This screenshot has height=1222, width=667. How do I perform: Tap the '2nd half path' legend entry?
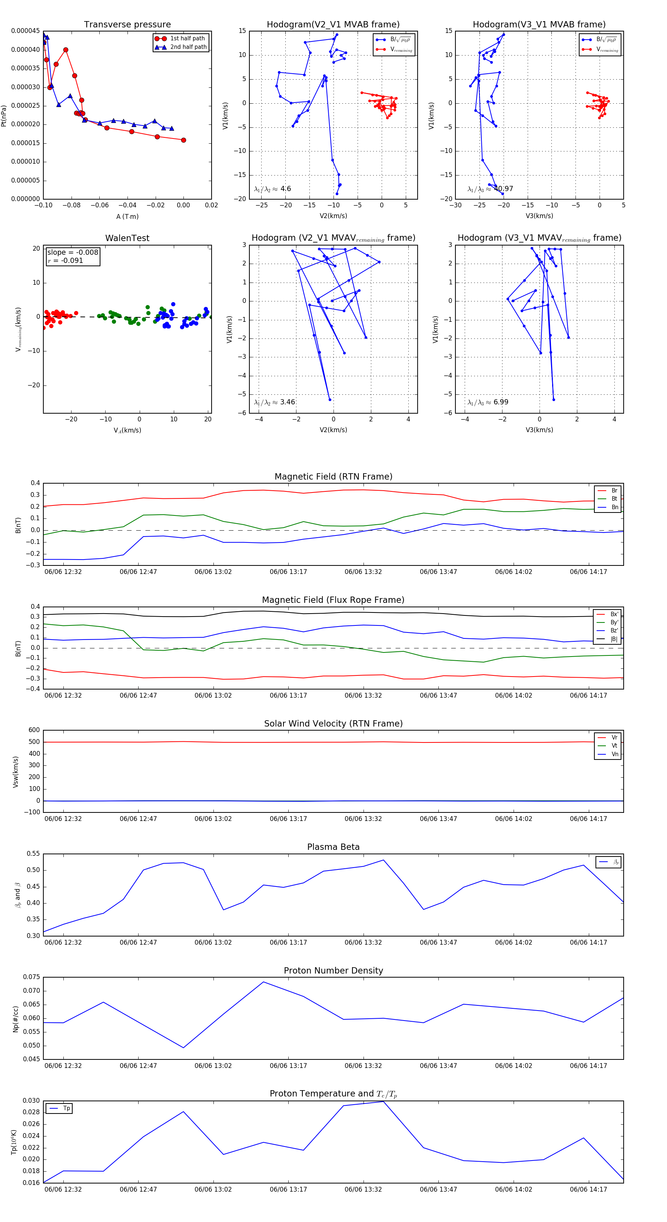(188, 47)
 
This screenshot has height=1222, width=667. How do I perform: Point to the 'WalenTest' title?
(127, 238)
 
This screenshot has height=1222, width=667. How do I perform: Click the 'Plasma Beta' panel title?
(333, 847)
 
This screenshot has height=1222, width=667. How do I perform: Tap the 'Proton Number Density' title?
(333, 971)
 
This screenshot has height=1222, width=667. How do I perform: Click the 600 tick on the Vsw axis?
(34, 730)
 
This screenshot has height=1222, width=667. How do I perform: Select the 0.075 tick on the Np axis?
(32, 977)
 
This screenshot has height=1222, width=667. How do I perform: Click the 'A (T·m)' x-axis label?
(127, 216)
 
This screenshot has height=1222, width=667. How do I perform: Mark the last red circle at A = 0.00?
(184, 140)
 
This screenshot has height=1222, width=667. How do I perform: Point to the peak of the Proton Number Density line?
(263, 982)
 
